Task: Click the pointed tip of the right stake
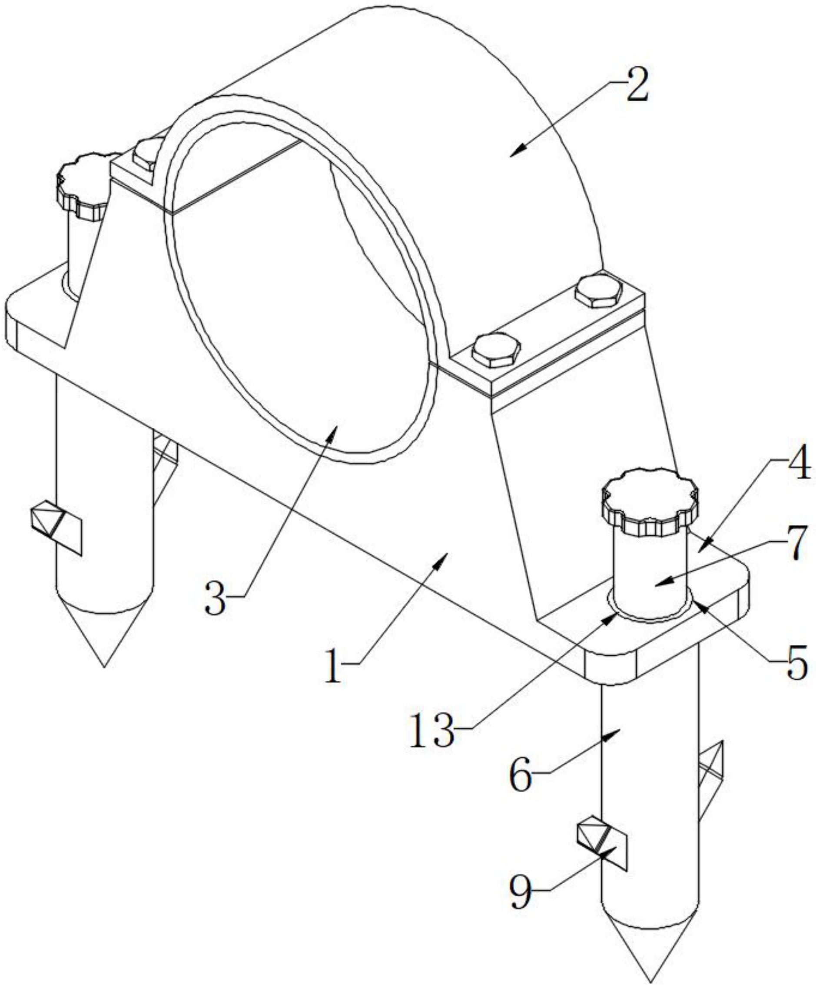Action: point(650,969)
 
